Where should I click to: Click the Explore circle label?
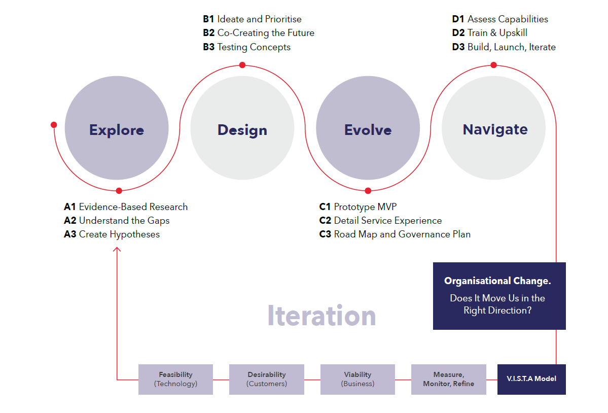117,130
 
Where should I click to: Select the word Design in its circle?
242,130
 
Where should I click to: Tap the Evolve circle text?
368,130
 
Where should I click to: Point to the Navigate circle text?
495,129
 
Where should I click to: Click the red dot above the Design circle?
242,65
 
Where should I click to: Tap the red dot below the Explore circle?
119,191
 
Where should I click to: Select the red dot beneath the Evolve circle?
368,191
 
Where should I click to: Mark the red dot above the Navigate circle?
493,65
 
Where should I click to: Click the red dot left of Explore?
54,125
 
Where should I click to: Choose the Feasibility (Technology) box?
175,379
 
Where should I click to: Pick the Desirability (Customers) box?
267,379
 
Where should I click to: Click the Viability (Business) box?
357,379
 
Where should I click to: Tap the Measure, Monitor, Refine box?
448,379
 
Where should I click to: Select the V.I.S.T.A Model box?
531,379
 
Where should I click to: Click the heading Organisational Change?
497,281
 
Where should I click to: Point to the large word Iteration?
321,316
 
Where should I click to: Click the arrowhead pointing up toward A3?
117,249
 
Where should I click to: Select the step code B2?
208,33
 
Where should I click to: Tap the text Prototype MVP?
365,206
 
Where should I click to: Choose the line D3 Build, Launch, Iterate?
504,47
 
